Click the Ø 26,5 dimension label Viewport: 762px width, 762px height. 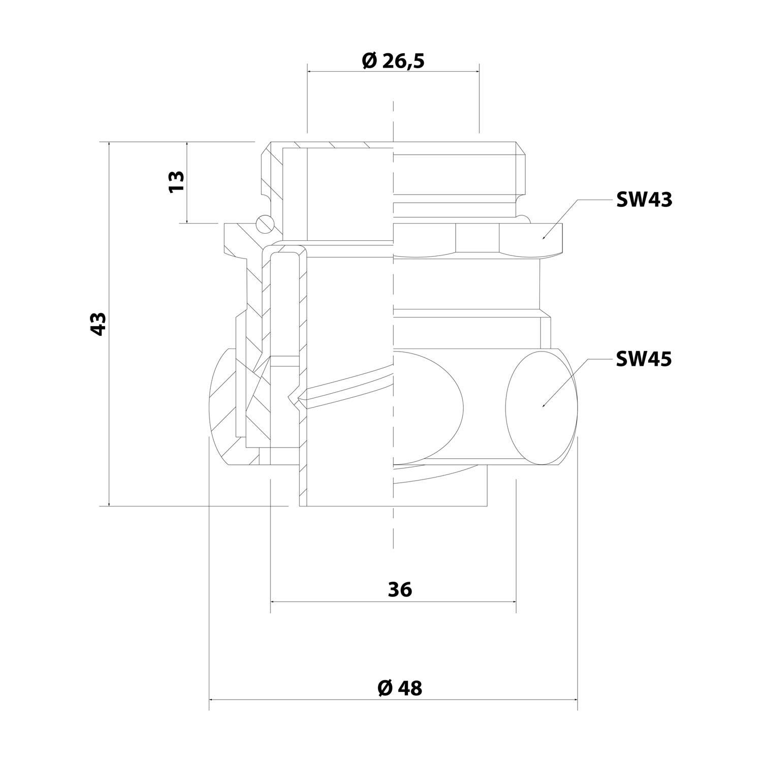coord(393,61)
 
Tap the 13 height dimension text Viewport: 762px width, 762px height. coord(176,181)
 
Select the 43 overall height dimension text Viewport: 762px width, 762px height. coord(98,324)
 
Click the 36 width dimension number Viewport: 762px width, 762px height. coord(400,590)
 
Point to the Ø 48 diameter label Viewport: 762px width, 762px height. coord(400,688)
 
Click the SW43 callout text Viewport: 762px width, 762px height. coord(644,200)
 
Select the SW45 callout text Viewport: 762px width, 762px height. coord(644,360)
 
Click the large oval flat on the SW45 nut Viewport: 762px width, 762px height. coord(543,406)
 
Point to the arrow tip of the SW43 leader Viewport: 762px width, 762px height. coord(543,238)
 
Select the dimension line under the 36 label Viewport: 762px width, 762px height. coord(393,601)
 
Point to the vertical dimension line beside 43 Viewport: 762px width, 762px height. coord(109,324)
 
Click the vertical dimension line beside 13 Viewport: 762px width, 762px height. coord(187,182)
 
